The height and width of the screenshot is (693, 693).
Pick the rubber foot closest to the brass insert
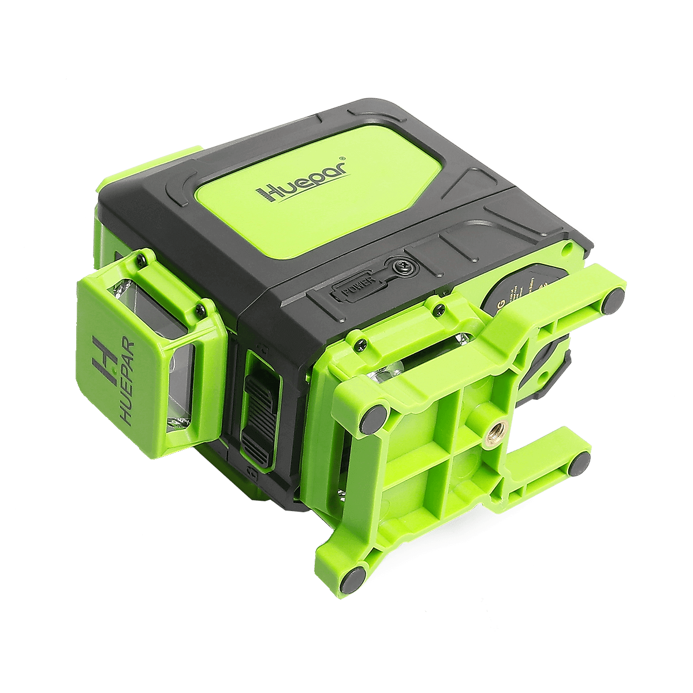click(582, 465)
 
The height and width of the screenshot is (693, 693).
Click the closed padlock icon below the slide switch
click(252, 472)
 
